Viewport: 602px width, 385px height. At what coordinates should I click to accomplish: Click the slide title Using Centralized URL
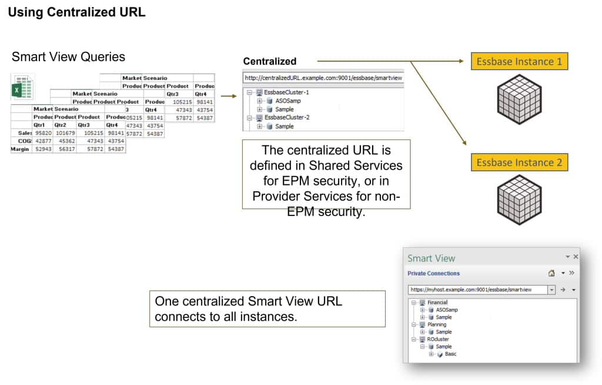76,12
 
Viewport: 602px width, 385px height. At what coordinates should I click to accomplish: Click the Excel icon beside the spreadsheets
23,87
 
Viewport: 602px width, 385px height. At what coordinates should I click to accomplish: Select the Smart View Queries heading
68,57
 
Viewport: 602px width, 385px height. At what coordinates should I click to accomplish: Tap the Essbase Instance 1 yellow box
519,61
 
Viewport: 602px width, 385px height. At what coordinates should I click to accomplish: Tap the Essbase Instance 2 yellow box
519,162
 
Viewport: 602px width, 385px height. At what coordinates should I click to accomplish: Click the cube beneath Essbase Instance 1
519,99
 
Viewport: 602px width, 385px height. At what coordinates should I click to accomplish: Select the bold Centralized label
270,61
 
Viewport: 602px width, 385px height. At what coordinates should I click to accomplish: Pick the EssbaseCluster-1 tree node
286,92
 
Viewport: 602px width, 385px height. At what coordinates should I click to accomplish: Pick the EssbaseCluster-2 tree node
286,117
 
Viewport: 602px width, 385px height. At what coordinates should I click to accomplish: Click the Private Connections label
433,273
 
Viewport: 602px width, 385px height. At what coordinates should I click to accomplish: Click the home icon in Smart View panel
551,273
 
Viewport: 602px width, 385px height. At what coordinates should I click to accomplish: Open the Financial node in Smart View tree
437,303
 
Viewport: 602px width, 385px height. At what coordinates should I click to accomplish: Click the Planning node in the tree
437,324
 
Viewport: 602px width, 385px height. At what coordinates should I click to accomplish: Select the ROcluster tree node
438,339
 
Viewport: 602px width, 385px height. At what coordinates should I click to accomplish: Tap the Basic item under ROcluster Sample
450,354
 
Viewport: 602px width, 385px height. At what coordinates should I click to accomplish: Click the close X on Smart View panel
576,257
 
